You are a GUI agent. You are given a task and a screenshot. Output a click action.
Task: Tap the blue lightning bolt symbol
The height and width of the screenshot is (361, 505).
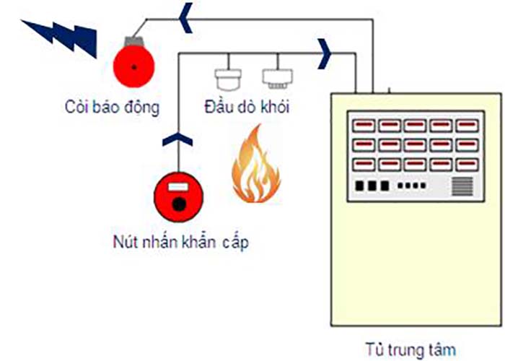coord(61,36)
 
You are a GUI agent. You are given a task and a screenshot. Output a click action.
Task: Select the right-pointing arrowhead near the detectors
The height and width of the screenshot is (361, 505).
coord(326,52)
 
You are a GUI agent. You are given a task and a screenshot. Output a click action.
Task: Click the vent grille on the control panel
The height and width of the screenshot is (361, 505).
coord(462,186)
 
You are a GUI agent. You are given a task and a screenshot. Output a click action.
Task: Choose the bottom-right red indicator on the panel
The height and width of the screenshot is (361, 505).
coord(462,164)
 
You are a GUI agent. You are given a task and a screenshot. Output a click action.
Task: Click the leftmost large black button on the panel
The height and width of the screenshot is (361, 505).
coord(361,186)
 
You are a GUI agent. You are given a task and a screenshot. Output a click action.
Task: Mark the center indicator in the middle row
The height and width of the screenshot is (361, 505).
coord(414,145)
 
